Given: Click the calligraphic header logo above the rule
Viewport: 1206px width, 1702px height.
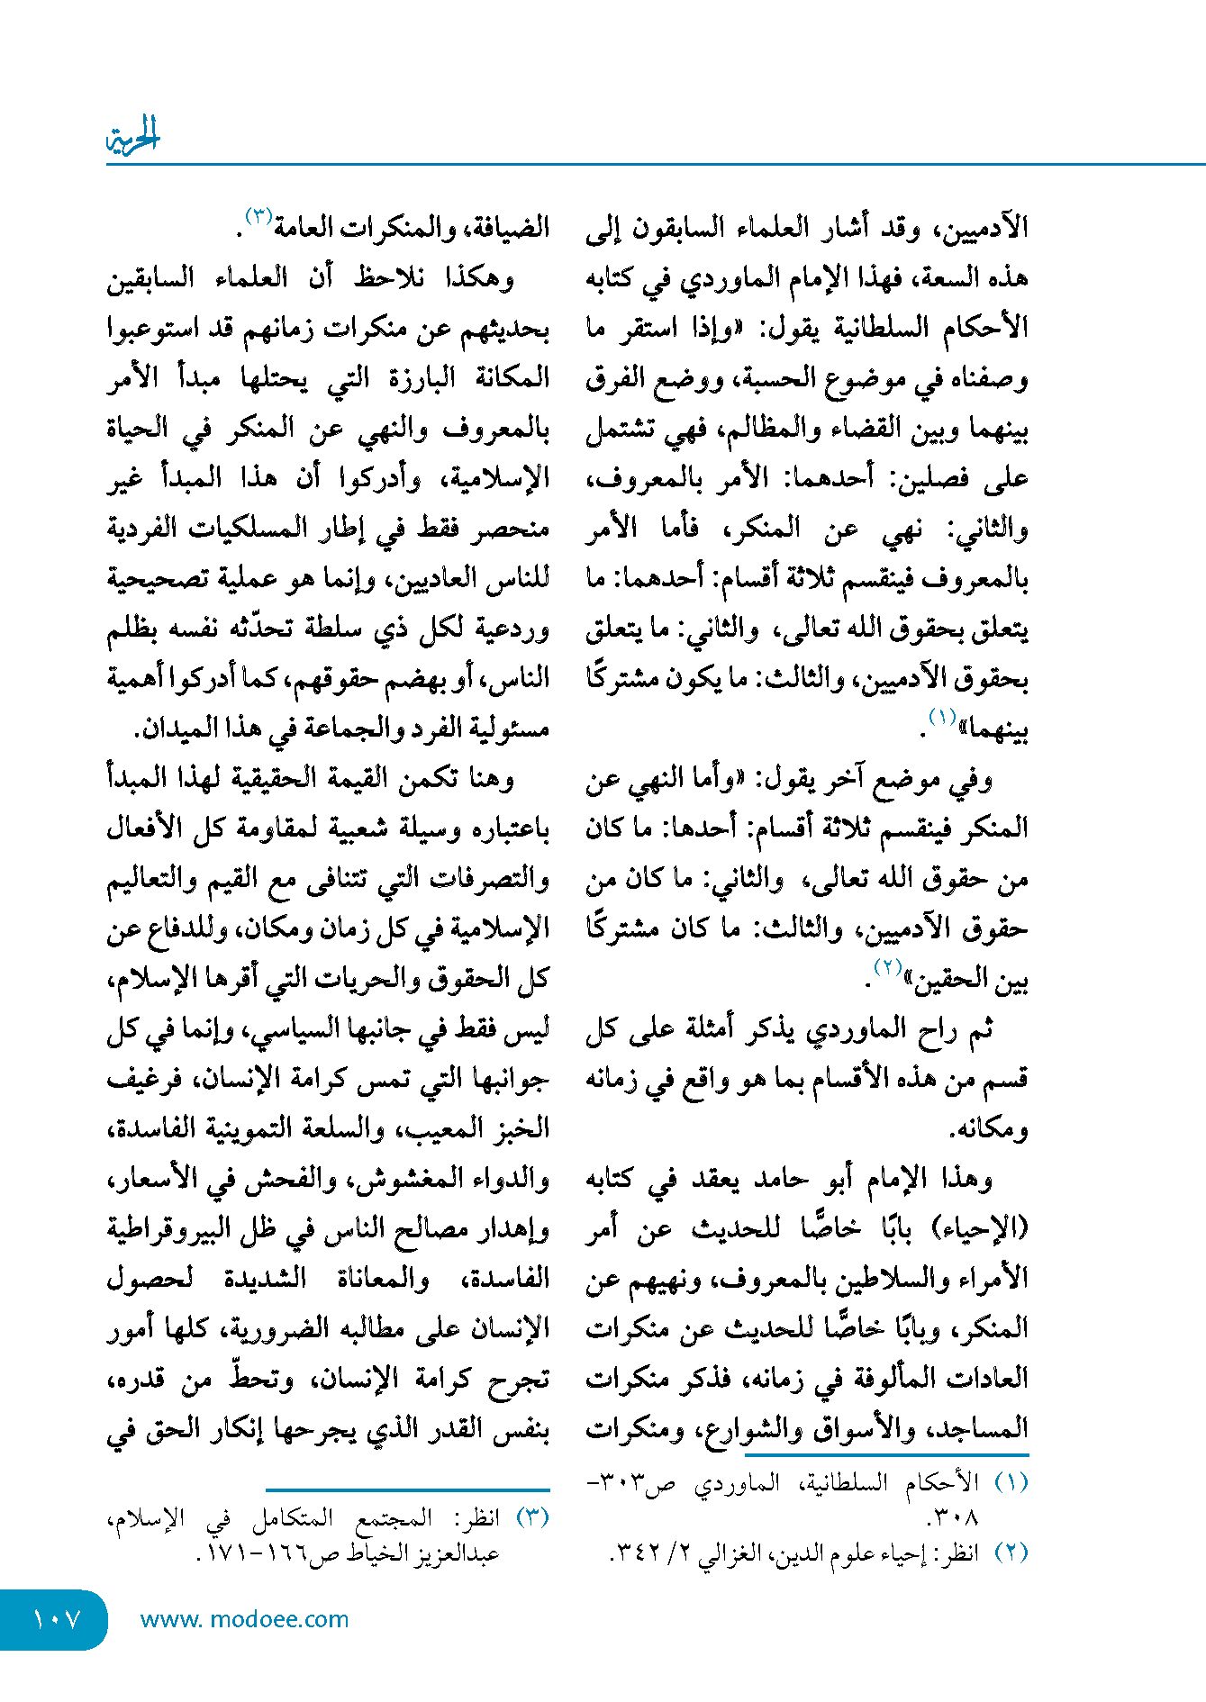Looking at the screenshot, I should click(x=132, y=137).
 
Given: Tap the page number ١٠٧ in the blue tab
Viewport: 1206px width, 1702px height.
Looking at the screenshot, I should click(x=57, y=1619).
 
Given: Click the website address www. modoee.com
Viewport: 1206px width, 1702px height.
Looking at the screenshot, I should click(x=244, y=1619).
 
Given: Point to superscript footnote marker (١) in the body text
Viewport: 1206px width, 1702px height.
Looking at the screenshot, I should click(x=942, y=718).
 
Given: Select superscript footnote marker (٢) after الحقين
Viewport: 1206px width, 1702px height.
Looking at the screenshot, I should click(x=888, y=968).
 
